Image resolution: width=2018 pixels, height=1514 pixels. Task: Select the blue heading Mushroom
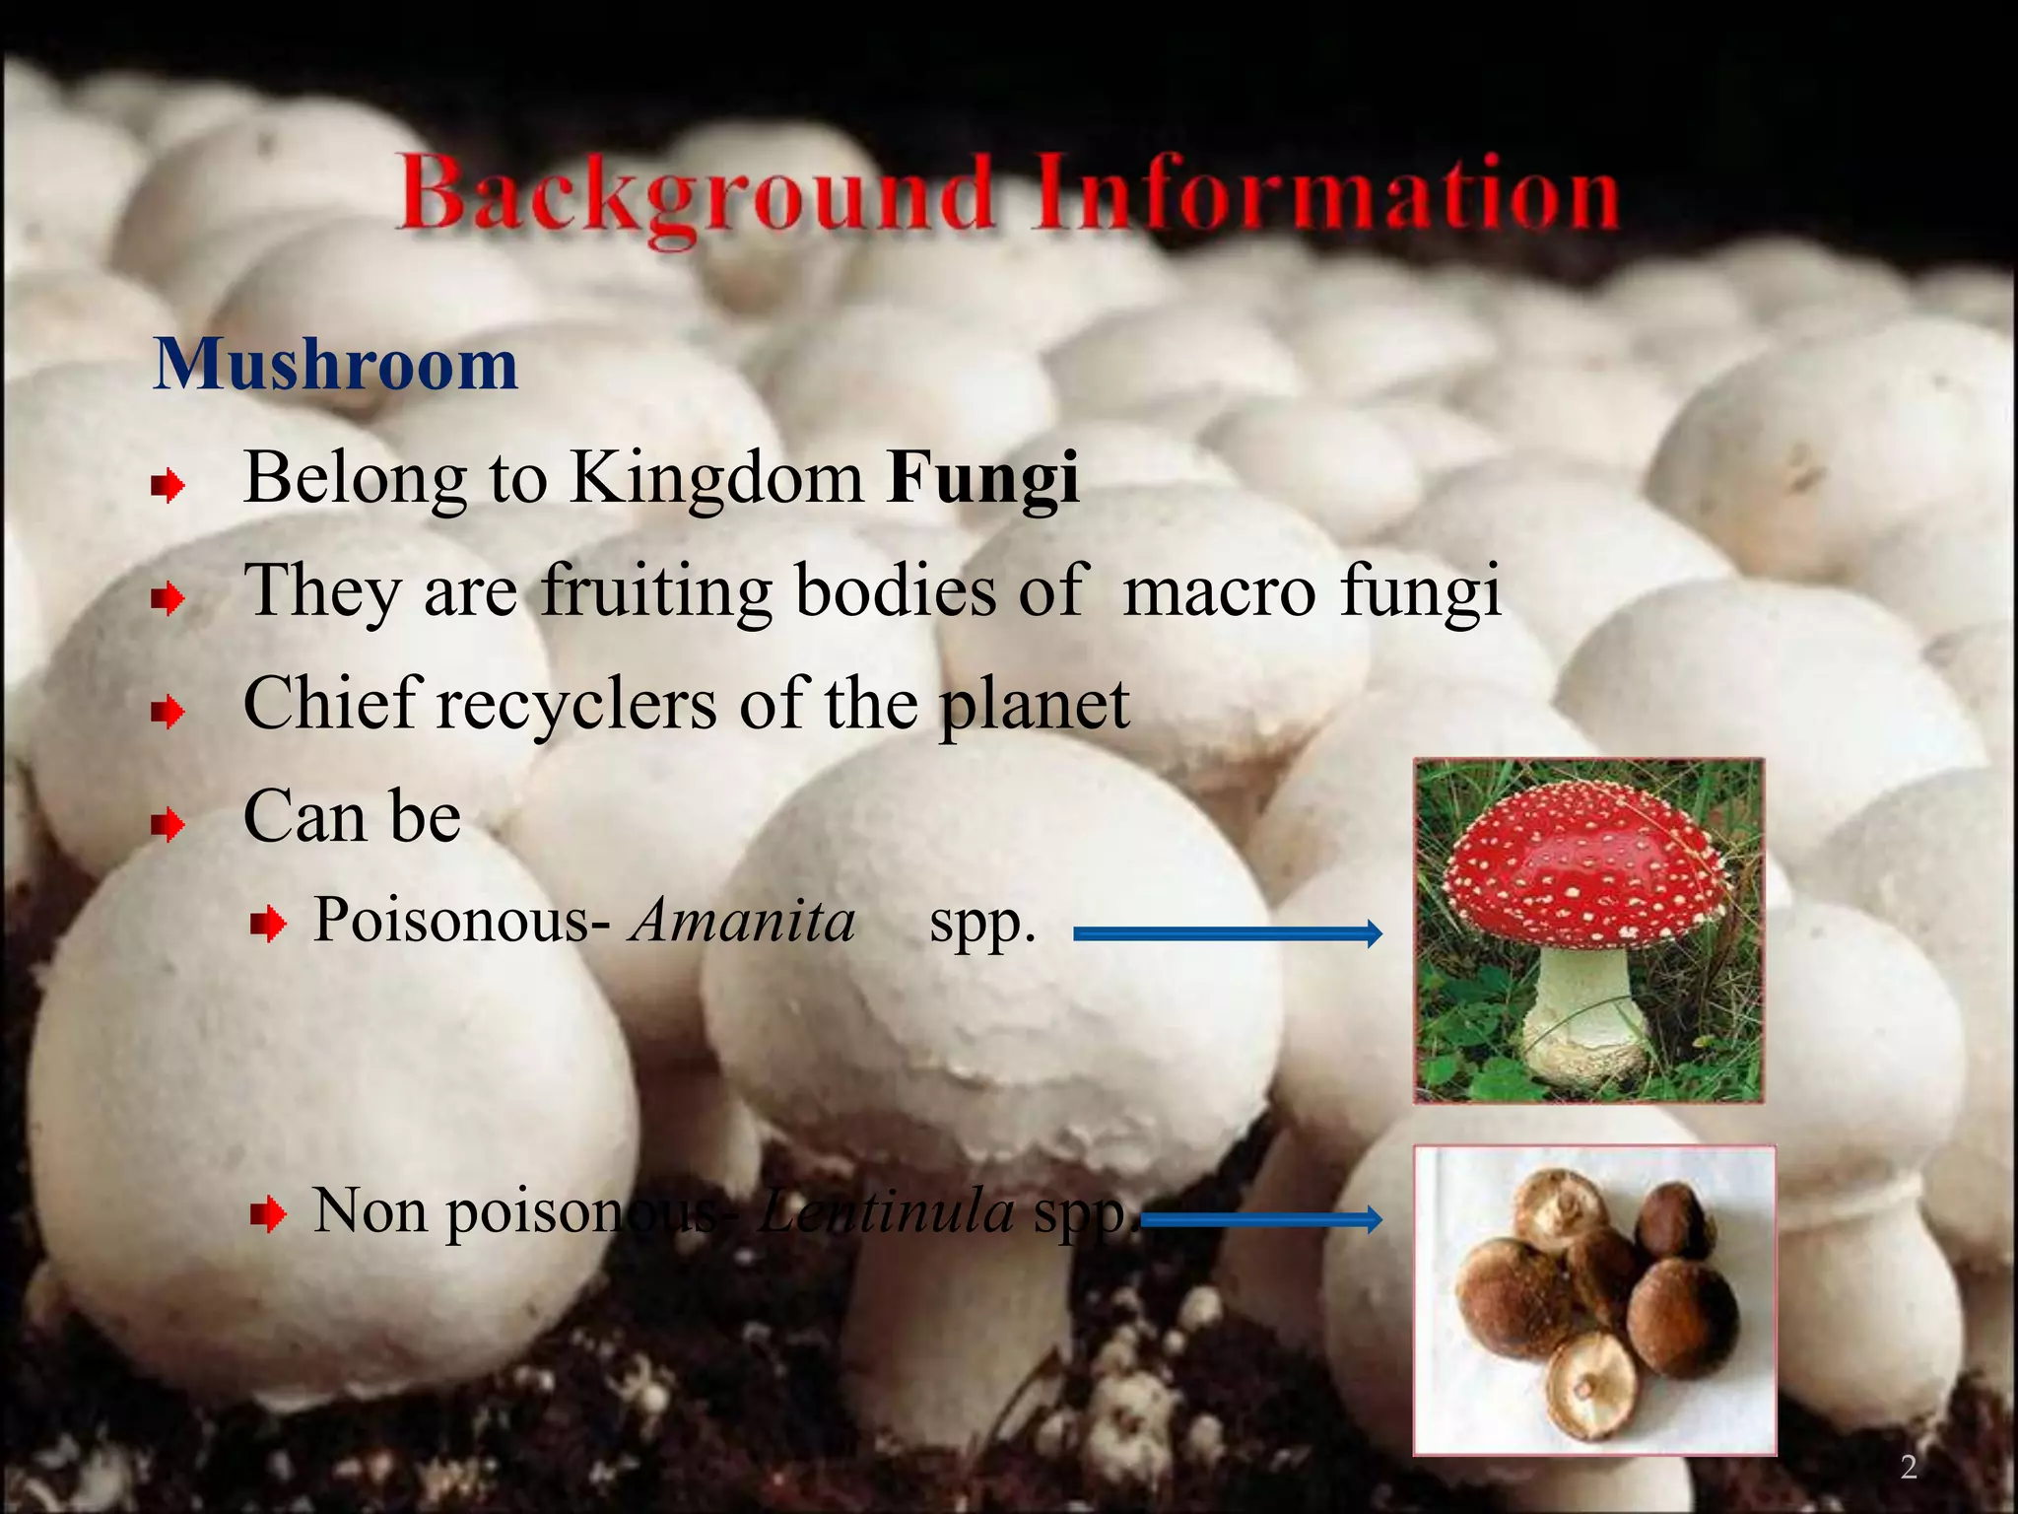coord(335,365)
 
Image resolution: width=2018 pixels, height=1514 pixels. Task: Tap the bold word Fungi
coord(982,479)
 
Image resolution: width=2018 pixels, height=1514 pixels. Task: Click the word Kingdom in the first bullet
coord(716,479)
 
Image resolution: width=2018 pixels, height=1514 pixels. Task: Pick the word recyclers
coord(576,704)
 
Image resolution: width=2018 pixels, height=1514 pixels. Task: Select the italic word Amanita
coord(743,921)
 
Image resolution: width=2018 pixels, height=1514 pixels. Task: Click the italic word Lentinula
coord(887,1210)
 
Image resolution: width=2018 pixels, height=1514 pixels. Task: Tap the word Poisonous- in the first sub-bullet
coord(462,921)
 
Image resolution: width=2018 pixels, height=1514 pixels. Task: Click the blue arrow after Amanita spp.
coord(1227,932)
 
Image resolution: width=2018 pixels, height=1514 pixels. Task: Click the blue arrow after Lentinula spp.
coord(1262,1220)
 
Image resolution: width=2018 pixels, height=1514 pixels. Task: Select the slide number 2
coord(1909,1468)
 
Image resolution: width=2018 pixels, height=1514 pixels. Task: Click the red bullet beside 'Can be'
coord(169,824)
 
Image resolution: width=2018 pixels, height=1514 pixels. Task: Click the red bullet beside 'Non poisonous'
coord(267,1215)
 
